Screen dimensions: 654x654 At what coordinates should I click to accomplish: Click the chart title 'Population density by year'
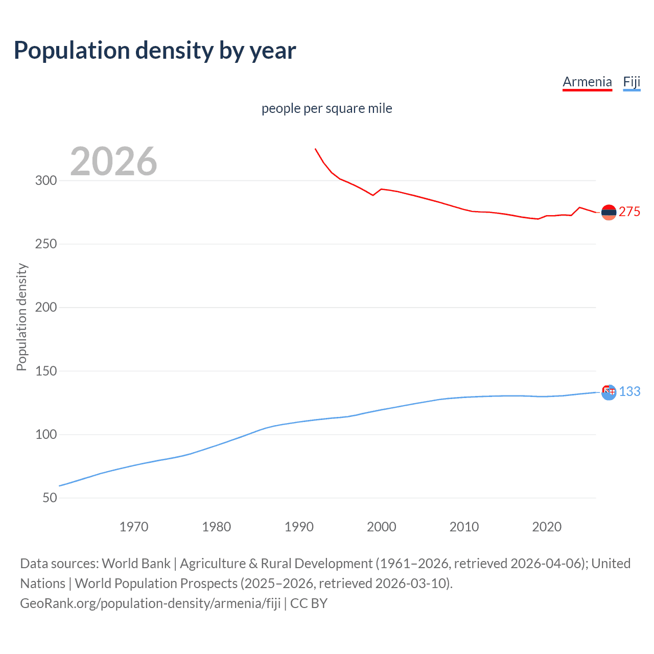point(155,51)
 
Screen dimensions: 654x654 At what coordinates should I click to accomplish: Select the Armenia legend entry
point(587,82)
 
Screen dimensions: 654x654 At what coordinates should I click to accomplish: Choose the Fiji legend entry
point(632,82)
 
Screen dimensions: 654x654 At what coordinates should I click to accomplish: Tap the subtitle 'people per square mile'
point(326,108)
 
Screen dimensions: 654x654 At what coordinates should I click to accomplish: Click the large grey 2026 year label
point(113,161)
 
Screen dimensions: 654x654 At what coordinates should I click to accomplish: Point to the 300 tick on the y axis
point(46,180)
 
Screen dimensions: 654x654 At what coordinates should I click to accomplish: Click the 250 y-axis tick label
point(46,244)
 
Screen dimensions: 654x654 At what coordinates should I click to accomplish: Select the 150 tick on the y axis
point(46,371)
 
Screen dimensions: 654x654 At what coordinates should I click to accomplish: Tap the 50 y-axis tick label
point(50,498)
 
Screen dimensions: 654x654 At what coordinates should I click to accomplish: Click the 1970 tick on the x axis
point(134,526)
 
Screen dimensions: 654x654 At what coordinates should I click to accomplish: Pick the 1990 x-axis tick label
point(299,526)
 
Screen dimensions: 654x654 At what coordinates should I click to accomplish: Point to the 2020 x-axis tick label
point(547,526)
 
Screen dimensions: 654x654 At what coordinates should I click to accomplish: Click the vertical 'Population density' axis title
point(21,317)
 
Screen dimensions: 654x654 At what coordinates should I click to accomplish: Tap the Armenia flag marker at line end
point(609,212)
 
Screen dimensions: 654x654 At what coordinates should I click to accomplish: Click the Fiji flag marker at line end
point(609,392)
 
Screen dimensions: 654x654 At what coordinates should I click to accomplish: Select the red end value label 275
point(629,212)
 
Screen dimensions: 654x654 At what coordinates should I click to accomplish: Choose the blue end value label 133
point(629,391)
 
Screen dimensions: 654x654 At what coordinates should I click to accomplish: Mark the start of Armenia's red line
point(315,149)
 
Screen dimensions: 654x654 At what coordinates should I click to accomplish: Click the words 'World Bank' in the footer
point(136,564)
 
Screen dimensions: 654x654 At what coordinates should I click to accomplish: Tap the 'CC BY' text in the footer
point(309,603)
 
